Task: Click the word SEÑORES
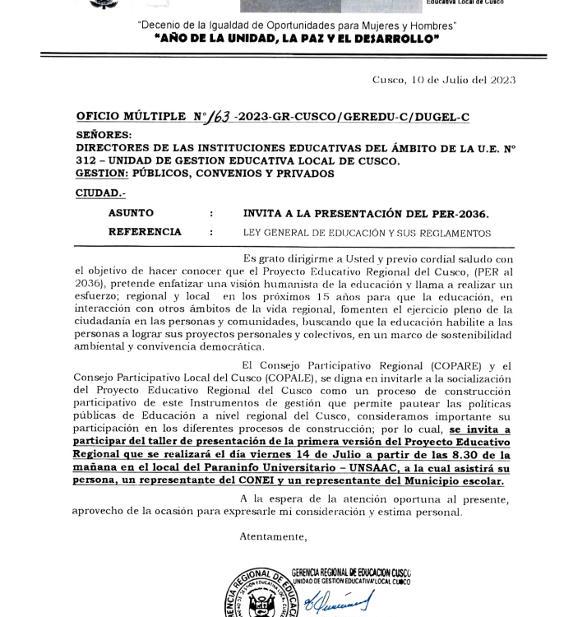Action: tap(103, 135)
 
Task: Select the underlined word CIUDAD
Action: tap(100, 193)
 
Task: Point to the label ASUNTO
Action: tap(131, 213)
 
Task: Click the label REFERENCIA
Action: tap(145, 233)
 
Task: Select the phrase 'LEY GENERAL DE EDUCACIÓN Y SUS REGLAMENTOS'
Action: tap(367, 234)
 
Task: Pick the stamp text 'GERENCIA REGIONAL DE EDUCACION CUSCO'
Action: tap(351, 573)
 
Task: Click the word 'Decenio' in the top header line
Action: tap(159, 26)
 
